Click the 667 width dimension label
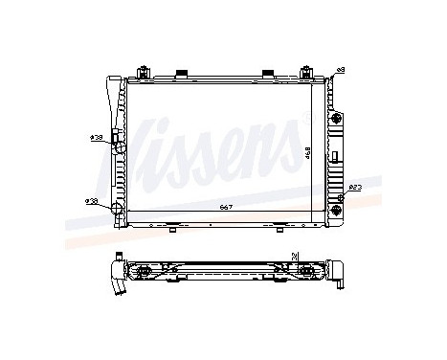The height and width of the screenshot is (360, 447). pyautogui.click(x=224, y=207)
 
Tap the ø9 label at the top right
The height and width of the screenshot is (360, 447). pyautogui.click(x=341, y=70)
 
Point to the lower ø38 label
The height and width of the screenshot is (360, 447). pyautogui.click(x=91, y=200)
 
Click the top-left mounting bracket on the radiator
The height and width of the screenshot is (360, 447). pyautogui.click(x=142, y=73)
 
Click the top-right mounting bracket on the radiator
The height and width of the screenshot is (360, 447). pyautogui.click(x=308, y=73)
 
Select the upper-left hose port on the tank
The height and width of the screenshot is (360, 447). pyautogui.click(x=116, y=140)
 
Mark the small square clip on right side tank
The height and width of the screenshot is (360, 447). pyautogui.click(x=336, y=154)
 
